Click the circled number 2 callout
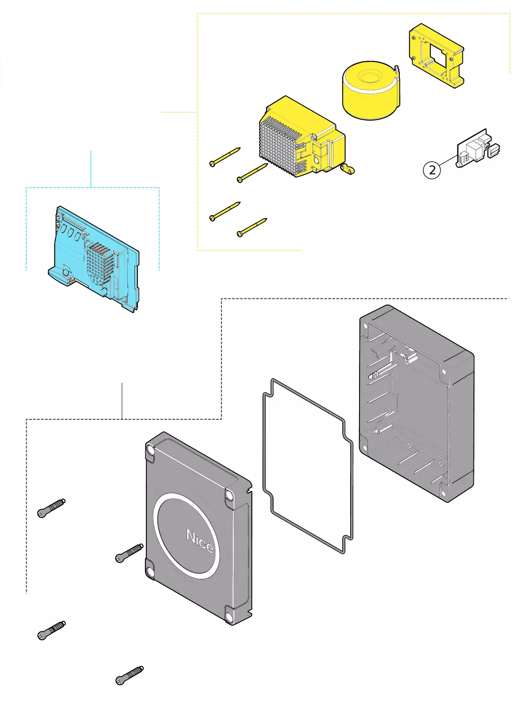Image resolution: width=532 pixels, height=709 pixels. point(432,170)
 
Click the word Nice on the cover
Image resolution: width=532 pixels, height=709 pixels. point(200,541)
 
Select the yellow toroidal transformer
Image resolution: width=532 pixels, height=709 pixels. point(371,91)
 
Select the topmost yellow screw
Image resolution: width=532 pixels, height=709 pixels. point(225,157)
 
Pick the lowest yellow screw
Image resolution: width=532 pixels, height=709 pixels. point(252,227)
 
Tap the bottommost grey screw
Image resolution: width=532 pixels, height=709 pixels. point(129,675)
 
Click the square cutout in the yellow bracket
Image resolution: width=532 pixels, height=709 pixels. point(438,56)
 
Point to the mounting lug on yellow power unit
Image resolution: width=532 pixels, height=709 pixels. point(348,169)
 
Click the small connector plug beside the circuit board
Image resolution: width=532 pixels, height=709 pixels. point(493,150)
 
